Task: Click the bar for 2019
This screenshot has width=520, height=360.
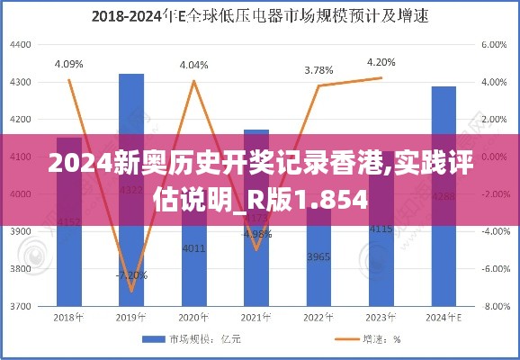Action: tap(131, 189)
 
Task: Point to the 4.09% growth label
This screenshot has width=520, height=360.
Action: tap(69, 64)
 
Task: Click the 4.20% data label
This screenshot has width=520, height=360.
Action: tap(381, 62)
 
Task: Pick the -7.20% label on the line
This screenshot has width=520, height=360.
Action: tap(130, 274)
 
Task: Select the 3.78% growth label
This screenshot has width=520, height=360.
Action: tap(318, 69)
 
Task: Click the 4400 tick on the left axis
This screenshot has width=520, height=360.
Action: tap(19, 44)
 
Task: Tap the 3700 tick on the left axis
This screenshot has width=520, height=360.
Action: tap(19, 306)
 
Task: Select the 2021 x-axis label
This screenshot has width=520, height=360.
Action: tap(256, 318)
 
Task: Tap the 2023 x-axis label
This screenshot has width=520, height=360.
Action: tap(381, 318)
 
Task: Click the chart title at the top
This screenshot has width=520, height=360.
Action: tap(259, 15)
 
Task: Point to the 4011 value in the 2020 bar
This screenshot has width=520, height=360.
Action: tap(193, 247)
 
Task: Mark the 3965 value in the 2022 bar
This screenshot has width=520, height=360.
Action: tap(318, 256)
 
